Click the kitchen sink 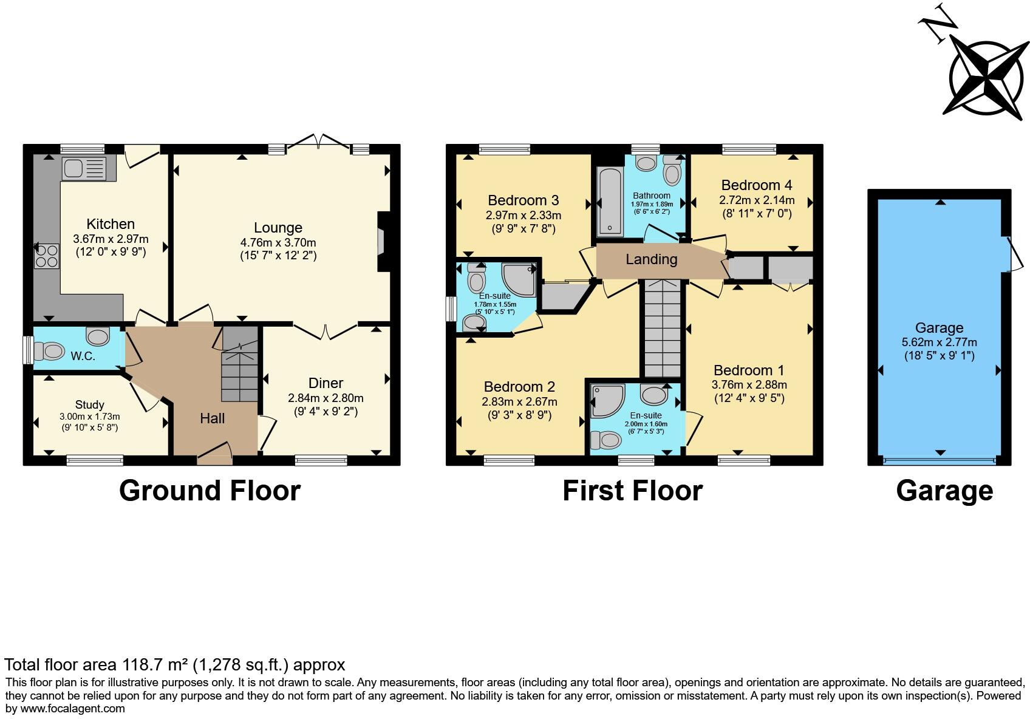pos(83,168)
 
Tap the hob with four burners pos(47,255)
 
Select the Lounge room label pos(278,228)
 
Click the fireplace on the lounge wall pos(382,241)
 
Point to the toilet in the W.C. pos(50,351)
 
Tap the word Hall pos(213,418)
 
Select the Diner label pos(326,383)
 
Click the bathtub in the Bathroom pos(609,202)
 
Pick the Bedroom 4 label pos(757,185)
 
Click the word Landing pos(652,260)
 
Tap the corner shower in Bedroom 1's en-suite pos(607,400)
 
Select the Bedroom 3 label pos(524,200)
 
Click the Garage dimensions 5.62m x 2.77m pos(940,342)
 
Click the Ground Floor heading pos(210,491)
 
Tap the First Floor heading pos(633,491)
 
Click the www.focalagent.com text pos(73,709)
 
